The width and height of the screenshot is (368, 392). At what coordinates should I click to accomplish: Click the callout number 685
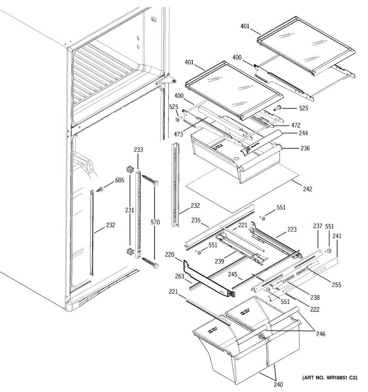click(x=119, y=180)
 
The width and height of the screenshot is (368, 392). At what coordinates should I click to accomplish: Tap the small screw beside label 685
click(x=99, y=189)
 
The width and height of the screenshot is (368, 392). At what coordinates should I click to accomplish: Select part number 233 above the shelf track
click(x=138, y=150)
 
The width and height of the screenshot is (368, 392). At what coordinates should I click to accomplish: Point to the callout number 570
click(x=155, y=222)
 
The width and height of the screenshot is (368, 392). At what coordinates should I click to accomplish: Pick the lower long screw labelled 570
click(x=149, y=262)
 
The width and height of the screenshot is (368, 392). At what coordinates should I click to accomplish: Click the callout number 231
click(x=130, y=210)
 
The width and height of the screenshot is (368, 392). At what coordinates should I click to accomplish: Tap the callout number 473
click(x=178, y=134)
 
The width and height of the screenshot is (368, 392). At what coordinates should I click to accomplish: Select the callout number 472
click(x=295, y=125)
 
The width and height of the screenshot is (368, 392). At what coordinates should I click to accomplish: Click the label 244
click(x=303, y=133)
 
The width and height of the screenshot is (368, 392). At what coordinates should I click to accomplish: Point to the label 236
click(x=305, y=148)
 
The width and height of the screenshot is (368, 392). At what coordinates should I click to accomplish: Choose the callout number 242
click(x=307, y=189)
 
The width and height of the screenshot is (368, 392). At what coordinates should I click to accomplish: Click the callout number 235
click(x=196, y=220)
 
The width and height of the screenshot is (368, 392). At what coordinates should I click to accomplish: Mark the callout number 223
click(x=292, y=230)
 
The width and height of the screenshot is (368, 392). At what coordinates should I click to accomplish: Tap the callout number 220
click(x=179, y=255)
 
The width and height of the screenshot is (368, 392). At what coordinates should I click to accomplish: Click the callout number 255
click(x=336, y=285)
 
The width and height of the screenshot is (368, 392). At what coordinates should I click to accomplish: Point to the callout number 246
click(x=321, y=334)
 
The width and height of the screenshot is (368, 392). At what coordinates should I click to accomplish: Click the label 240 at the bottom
click(x=278, y=384)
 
